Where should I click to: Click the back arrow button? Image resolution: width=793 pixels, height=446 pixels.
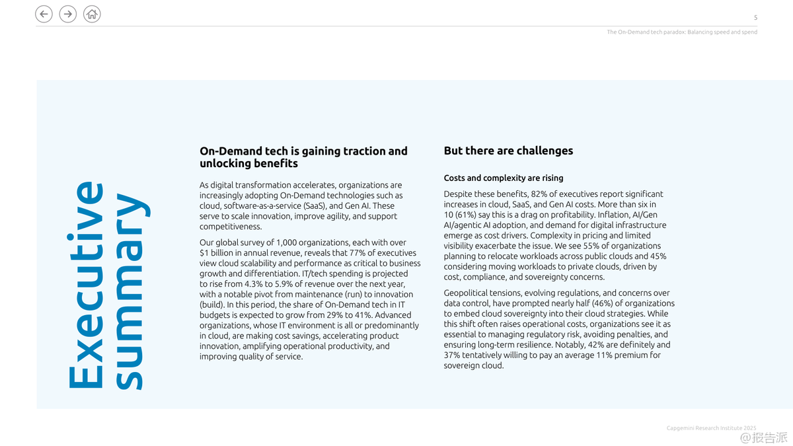click(44, 14)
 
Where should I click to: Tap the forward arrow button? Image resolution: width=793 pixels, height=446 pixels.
click(67, 14)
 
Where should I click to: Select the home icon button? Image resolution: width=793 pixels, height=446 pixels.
click(92, 14)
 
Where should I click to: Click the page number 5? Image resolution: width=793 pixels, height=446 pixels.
click(755, 18)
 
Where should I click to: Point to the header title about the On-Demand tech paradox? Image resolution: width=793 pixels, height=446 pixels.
click(682, 32)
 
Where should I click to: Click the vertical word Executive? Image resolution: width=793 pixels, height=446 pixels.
click(86, 285)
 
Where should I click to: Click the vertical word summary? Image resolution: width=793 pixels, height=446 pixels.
click(129, 291)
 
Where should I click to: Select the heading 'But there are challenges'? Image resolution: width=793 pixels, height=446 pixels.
click(508, 151)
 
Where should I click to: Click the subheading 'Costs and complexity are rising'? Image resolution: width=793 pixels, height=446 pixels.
click(504, 178)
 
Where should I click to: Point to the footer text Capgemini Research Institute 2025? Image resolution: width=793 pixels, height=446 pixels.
click(711, 428)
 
